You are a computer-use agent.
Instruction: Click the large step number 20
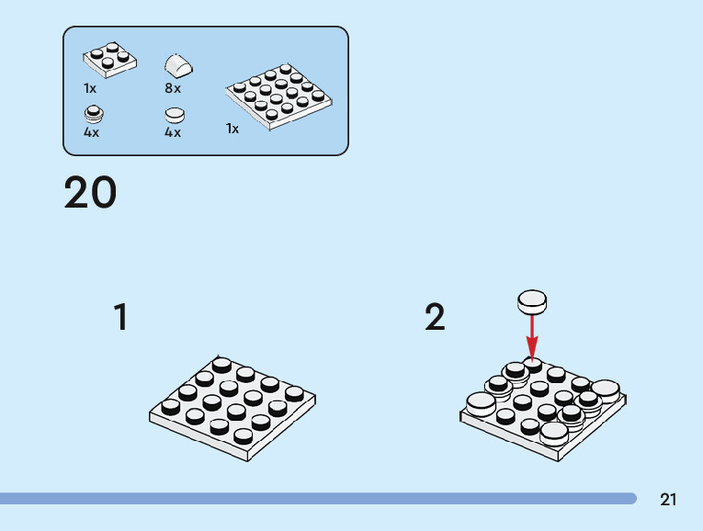(90, 193)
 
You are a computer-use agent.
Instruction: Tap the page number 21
(668, 500)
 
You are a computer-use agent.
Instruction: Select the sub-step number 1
(120, 318)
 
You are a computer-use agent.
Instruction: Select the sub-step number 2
(435, 318)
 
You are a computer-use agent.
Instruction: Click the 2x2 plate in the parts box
(109, 60)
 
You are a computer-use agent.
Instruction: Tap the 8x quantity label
(173, 88)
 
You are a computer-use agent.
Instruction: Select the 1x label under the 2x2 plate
(90, 88)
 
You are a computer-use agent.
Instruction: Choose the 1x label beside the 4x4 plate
(232, 129)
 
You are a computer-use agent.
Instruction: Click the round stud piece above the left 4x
(93, 114)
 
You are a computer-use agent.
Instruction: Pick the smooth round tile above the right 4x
(175, 116)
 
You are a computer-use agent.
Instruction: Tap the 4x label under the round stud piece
(91, 132)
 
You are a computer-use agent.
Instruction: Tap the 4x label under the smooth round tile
(173, 132)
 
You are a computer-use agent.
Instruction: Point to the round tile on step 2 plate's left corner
(481, 404)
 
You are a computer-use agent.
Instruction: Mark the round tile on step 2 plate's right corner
(605, 390)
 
